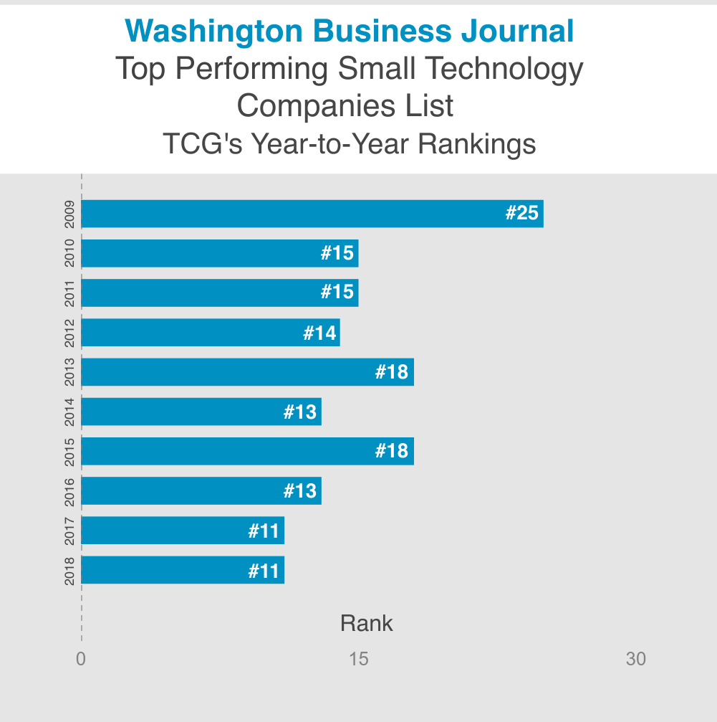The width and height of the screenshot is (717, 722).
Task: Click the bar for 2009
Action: (312, 214)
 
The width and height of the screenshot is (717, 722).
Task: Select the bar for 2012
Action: (211, 333)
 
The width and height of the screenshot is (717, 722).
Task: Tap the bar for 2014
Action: (201, 412)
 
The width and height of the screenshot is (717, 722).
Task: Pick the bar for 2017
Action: (183, 531)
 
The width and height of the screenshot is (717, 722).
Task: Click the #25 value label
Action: (521, 214)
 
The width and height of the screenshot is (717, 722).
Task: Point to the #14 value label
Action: (319, 333)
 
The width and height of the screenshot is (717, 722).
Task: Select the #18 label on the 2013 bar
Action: (392, 372)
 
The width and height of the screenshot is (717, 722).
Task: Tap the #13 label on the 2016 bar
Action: (300, 491)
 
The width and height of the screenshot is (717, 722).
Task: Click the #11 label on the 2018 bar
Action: (264, 571)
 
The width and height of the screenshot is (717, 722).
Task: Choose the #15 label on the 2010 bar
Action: (337, 253)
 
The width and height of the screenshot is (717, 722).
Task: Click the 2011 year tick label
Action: (69, 293)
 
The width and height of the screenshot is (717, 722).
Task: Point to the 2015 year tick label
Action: (69, 452)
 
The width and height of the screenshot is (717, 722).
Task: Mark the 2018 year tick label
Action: (69, 571)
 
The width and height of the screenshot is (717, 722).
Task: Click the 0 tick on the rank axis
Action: (81, 659)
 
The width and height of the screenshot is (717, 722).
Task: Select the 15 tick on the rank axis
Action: (358, 659)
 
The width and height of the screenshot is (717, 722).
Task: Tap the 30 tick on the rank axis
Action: (635, 659)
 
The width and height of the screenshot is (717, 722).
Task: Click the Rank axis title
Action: (366, 623)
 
